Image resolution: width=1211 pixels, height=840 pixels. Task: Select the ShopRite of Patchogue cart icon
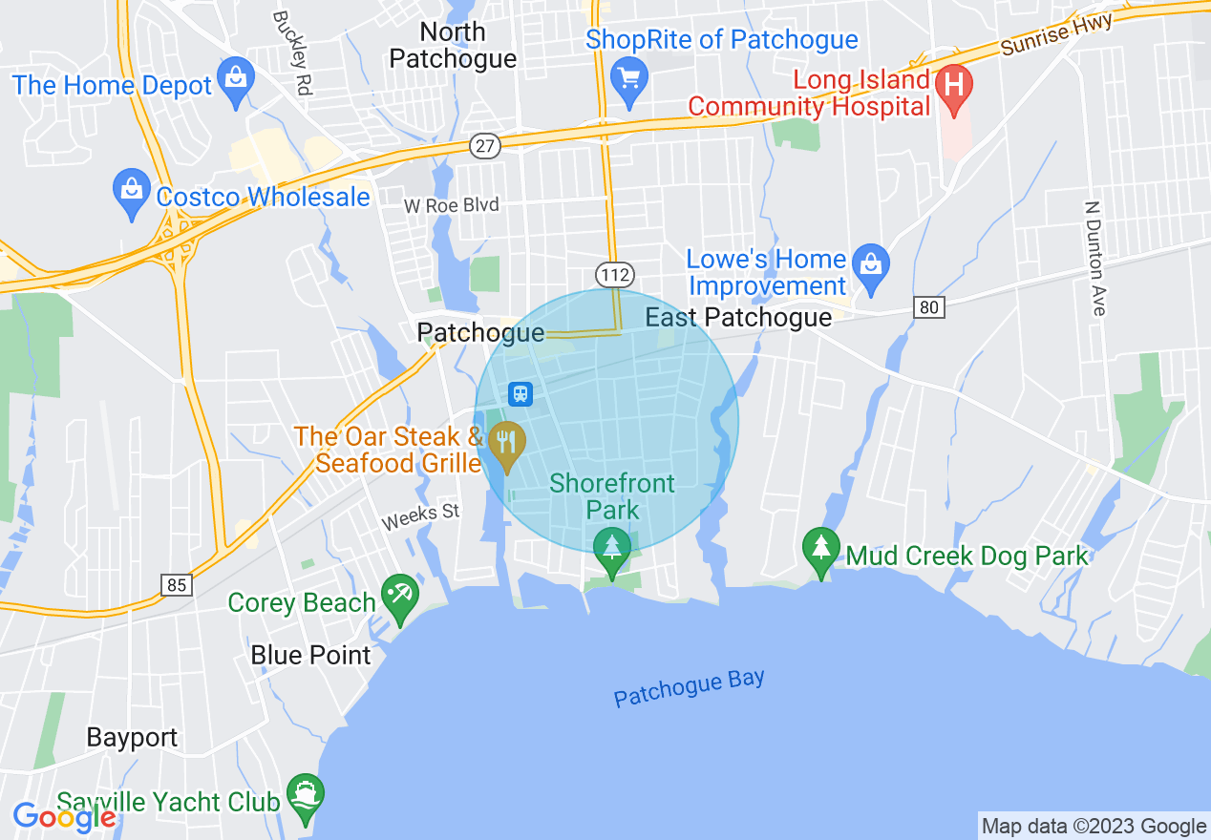[x=629, y=76]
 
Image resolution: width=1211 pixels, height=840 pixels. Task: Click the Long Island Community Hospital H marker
[x=952, y=84]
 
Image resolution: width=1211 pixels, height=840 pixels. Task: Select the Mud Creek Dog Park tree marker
[x=820, y=549]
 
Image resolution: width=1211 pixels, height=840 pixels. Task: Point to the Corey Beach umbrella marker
[x=399, y=597]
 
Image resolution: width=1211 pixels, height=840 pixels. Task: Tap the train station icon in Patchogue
[x=521, y=392]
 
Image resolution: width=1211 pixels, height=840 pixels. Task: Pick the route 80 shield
[x=928, y=307]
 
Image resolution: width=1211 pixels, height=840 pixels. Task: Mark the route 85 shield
[x=177, y=584]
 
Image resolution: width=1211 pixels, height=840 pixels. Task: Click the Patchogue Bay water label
[x=689, y=688]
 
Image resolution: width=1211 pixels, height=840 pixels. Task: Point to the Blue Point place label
[x=310, y=656]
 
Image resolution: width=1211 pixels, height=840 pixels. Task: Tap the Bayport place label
[x=132, y=738]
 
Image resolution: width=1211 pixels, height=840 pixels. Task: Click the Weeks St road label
[x=420, y=516]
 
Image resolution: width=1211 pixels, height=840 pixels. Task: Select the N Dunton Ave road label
[x=1095, y=258]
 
